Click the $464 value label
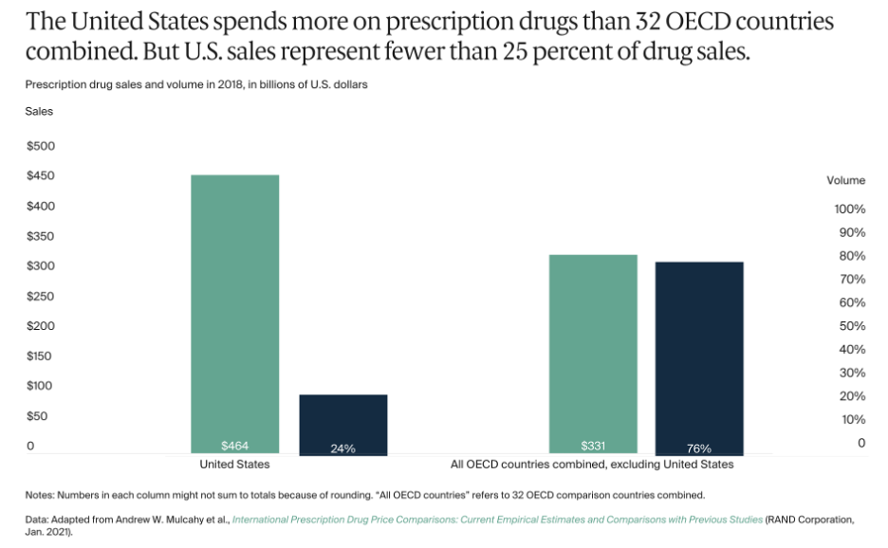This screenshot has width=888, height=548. point(235,446)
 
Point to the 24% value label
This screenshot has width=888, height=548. point(343,448)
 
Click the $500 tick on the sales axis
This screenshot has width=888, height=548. point(41,146)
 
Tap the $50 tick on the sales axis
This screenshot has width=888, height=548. point(37,415)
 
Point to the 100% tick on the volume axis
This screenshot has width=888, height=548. point(848,209)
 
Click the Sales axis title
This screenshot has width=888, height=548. point(39,111)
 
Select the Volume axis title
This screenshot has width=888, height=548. point(845,180)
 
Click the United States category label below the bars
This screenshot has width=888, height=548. point(234,465)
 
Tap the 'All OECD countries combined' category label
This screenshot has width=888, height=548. point(592,465)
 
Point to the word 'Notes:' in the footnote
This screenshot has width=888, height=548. point(42,495)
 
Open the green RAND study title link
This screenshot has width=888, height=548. point(497,520)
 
